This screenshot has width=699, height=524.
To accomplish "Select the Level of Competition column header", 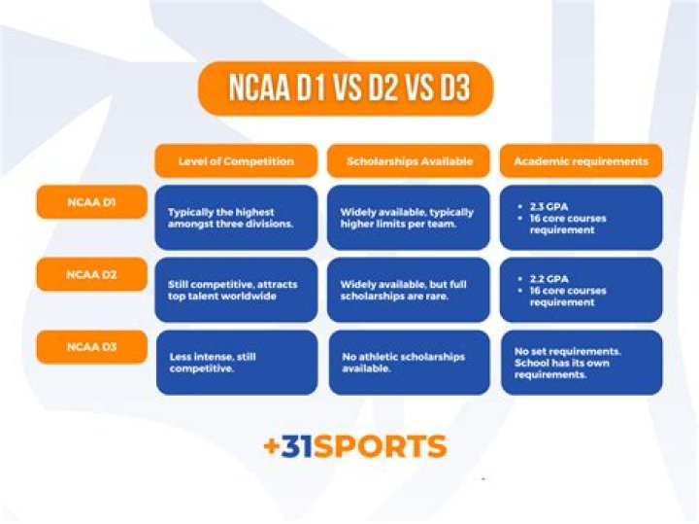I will click(236, 161).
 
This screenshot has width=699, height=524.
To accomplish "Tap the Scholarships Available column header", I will click(409, 161).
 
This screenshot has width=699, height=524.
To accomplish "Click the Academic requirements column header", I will click(581, 161).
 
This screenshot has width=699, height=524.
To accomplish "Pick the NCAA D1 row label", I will click(91, 201).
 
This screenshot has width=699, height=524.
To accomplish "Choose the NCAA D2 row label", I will click(91, 274).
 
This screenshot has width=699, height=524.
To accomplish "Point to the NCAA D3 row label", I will click(91, 346).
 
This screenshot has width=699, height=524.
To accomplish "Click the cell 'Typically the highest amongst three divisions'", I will click(236, 218).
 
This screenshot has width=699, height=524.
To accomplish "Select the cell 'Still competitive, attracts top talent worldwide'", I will click(236, 290).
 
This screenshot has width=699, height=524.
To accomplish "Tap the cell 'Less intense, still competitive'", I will click(236, 363).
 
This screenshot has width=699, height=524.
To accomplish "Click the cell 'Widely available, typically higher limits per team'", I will click(409, 218).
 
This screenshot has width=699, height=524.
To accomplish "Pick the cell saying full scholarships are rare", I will click(409, 290).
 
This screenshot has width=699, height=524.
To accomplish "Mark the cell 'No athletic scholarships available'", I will click(409, 363).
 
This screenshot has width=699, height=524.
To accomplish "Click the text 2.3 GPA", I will click(549, 206).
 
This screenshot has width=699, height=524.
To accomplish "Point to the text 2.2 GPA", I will click(549, 278).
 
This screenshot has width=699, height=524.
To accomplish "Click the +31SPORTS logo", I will click(354, 446).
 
